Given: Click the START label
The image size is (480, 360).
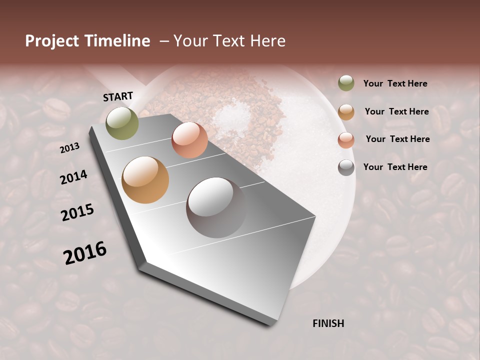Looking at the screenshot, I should point(118,96).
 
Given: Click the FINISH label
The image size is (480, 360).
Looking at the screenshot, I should point(328,323).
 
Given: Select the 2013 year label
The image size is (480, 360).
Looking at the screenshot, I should point(70,148).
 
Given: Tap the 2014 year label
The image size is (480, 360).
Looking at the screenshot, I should point(74,177).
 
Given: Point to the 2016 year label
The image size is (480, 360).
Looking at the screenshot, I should point(85,253).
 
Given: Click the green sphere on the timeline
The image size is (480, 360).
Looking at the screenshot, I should point(122,123).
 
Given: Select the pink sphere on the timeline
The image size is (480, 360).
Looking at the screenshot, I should point(189,140).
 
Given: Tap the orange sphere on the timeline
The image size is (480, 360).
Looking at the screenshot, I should point(145,179).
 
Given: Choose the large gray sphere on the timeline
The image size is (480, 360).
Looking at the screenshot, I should point(216,207).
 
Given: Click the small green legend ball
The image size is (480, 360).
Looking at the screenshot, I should point(346,83).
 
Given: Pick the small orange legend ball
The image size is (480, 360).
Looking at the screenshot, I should point(346,111).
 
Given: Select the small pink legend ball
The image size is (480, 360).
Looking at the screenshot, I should point(346,139).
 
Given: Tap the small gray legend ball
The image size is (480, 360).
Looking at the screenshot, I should point(346,167).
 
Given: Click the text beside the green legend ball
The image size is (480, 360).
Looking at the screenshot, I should point(395,83).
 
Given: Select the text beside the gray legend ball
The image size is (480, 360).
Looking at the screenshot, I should point(395,167).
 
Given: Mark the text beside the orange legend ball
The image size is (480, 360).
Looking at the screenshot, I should point(396,111).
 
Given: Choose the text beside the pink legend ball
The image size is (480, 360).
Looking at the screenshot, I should point(397,139).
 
